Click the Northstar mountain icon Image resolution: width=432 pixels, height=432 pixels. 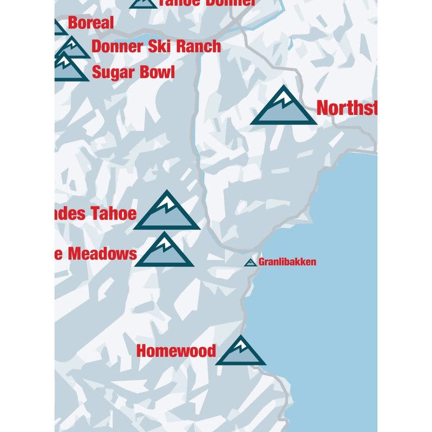[283, 108]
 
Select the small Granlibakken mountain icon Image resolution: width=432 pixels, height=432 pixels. [249, 263]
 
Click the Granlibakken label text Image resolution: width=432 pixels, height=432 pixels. [287, 262]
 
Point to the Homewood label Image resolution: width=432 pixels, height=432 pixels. [176, 351]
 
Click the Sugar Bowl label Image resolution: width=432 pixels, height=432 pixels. [133, 72]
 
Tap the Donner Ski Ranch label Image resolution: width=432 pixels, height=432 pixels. [156, 46]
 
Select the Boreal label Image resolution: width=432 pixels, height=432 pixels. [91, 23]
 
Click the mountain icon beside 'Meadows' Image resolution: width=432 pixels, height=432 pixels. [164, 253]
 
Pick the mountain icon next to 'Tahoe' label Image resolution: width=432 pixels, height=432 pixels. [167, 213]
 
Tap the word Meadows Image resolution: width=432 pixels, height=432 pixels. [103, 253]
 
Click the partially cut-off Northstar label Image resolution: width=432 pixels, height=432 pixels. [346, 108]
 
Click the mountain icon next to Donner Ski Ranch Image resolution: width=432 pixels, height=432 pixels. [73, 49]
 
